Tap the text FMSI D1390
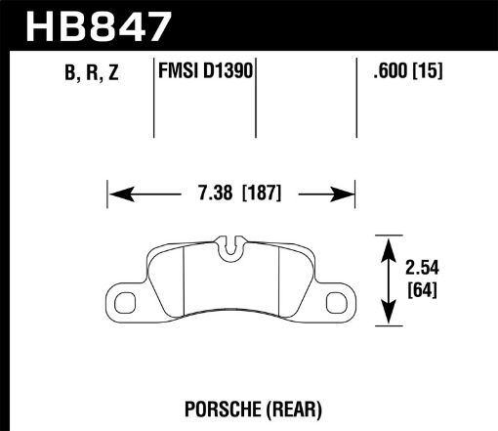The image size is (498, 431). (x=205, y=70)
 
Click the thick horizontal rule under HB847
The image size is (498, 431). (x=249, y=48)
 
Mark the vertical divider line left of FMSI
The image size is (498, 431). (x=157, y=98)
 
